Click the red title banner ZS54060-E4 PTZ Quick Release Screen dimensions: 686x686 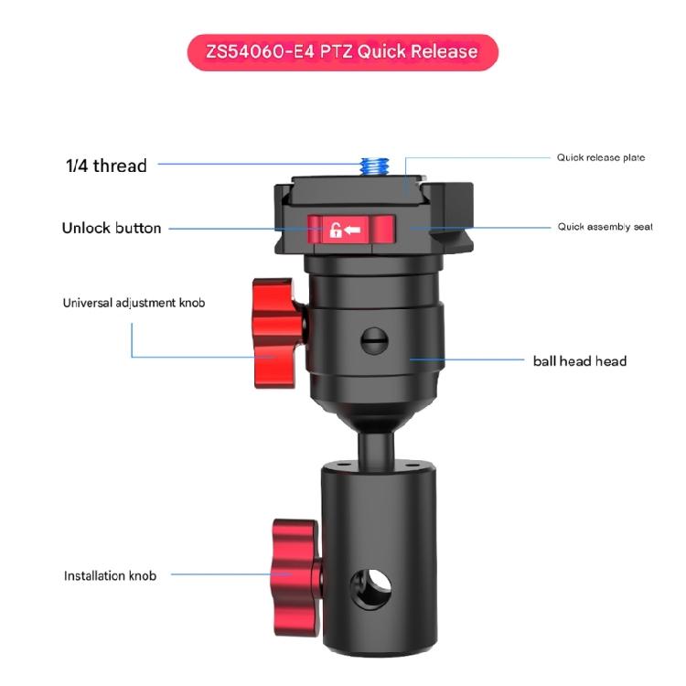pos(343,52)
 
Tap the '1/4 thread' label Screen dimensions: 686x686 pos(106,166)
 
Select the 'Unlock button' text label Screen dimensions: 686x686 pos(112,228)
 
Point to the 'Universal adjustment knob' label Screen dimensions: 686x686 pos(134,303)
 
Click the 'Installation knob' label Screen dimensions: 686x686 pos(111,575)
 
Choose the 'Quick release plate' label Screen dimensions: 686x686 pos(601,157)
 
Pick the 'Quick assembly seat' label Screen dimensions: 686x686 pos(606,227)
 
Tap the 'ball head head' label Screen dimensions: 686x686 pos(580,361)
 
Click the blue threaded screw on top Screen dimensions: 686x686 pos(375,166)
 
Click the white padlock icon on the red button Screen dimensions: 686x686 pos(335,230)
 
